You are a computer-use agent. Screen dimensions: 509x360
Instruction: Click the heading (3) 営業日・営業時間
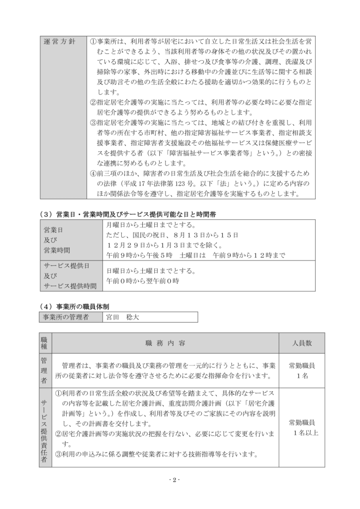coord(128,214)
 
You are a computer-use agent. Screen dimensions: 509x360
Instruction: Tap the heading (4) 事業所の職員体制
coord(75,306)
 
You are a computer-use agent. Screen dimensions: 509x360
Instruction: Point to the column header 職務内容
coord(165,343)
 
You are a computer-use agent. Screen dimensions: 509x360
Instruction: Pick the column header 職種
coord(45,343)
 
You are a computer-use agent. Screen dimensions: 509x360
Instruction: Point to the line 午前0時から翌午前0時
coord(143,281)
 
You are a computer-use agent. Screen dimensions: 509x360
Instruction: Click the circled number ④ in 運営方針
coord(93,173)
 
